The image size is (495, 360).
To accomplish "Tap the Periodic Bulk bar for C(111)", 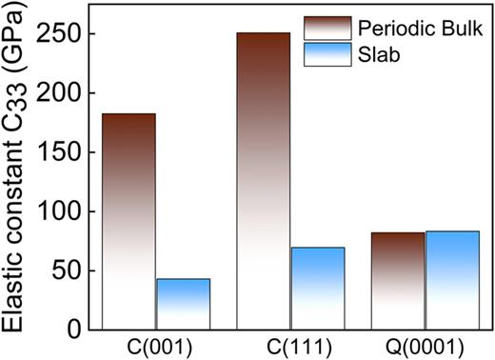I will (263, 181).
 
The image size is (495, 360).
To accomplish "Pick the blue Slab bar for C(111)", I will (317, 289).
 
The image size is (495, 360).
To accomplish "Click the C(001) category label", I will (155, 346).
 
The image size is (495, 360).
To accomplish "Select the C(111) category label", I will (290, 346).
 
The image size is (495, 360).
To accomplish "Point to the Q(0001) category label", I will (425, 346).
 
